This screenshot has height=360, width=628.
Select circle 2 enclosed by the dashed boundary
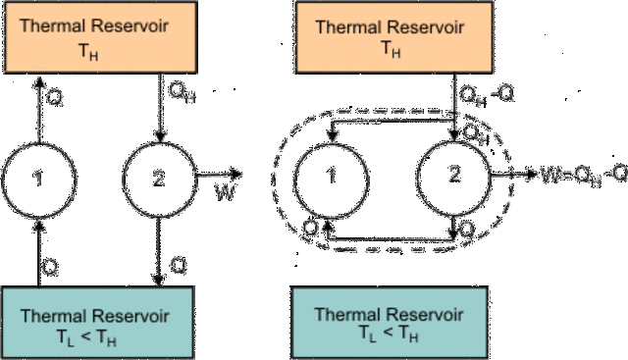tap(454, 176)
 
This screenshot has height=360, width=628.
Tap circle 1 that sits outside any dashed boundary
tap(40, 176)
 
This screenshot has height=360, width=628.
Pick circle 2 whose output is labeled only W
tap(159, 176)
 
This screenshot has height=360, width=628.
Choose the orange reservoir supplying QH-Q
tap(390, 38)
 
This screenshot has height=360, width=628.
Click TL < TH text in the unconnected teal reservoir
tap(390, 336)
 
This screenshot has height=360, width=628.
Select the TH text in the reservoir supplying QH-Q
tap(390, 49)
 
